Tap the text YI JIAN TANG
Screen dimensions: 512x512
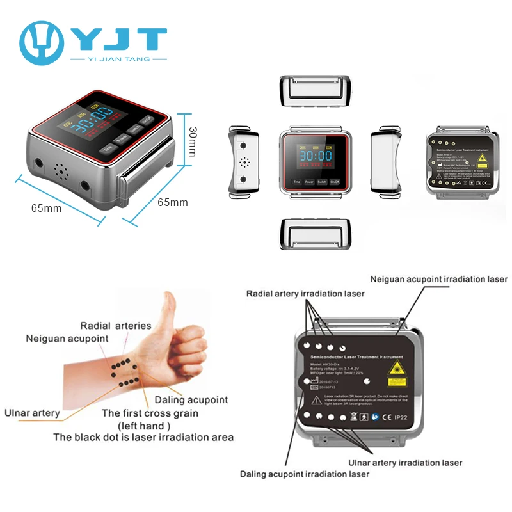[x=118, y=59]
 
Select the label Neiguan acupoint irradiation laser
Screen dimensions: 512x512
[x=438, y=279]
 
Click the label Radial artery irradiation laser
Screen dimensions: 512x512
[x=306, y=293]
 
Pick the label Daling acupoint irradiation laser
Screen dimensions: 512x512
[x=305, y=474]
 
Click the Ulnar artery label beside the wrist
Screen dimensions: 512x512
[x=32, y=413]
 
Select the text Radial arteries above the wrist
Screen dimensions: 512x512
[x=115, y=326]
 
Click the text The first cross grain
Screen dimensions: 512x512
[x=150, y=413]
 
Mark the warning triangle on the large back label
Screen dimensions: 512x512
[x=316, y=399]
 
